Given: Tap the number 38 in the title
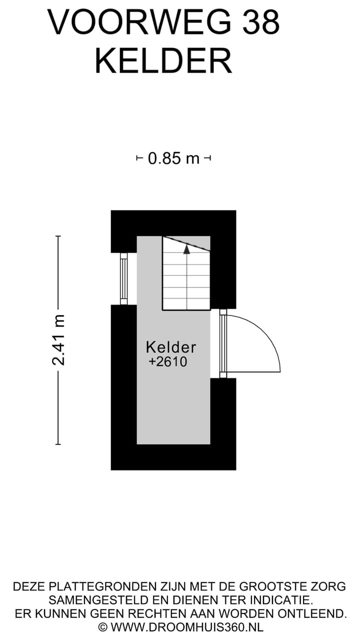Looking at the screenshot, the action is [261, 22].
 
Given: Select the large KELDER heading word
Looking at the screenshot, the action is [163, 61].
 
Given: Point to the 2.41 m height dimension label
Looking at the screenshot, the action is [58, 339].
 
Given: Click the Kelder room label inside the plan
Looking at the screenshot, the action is [171, 347].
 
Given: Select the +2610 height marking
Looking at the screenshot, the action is [168, 361].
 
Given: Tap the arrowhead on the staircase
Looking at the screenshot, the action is [186, 249].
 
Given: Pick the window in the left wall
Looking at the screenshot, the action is [123, 279].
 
